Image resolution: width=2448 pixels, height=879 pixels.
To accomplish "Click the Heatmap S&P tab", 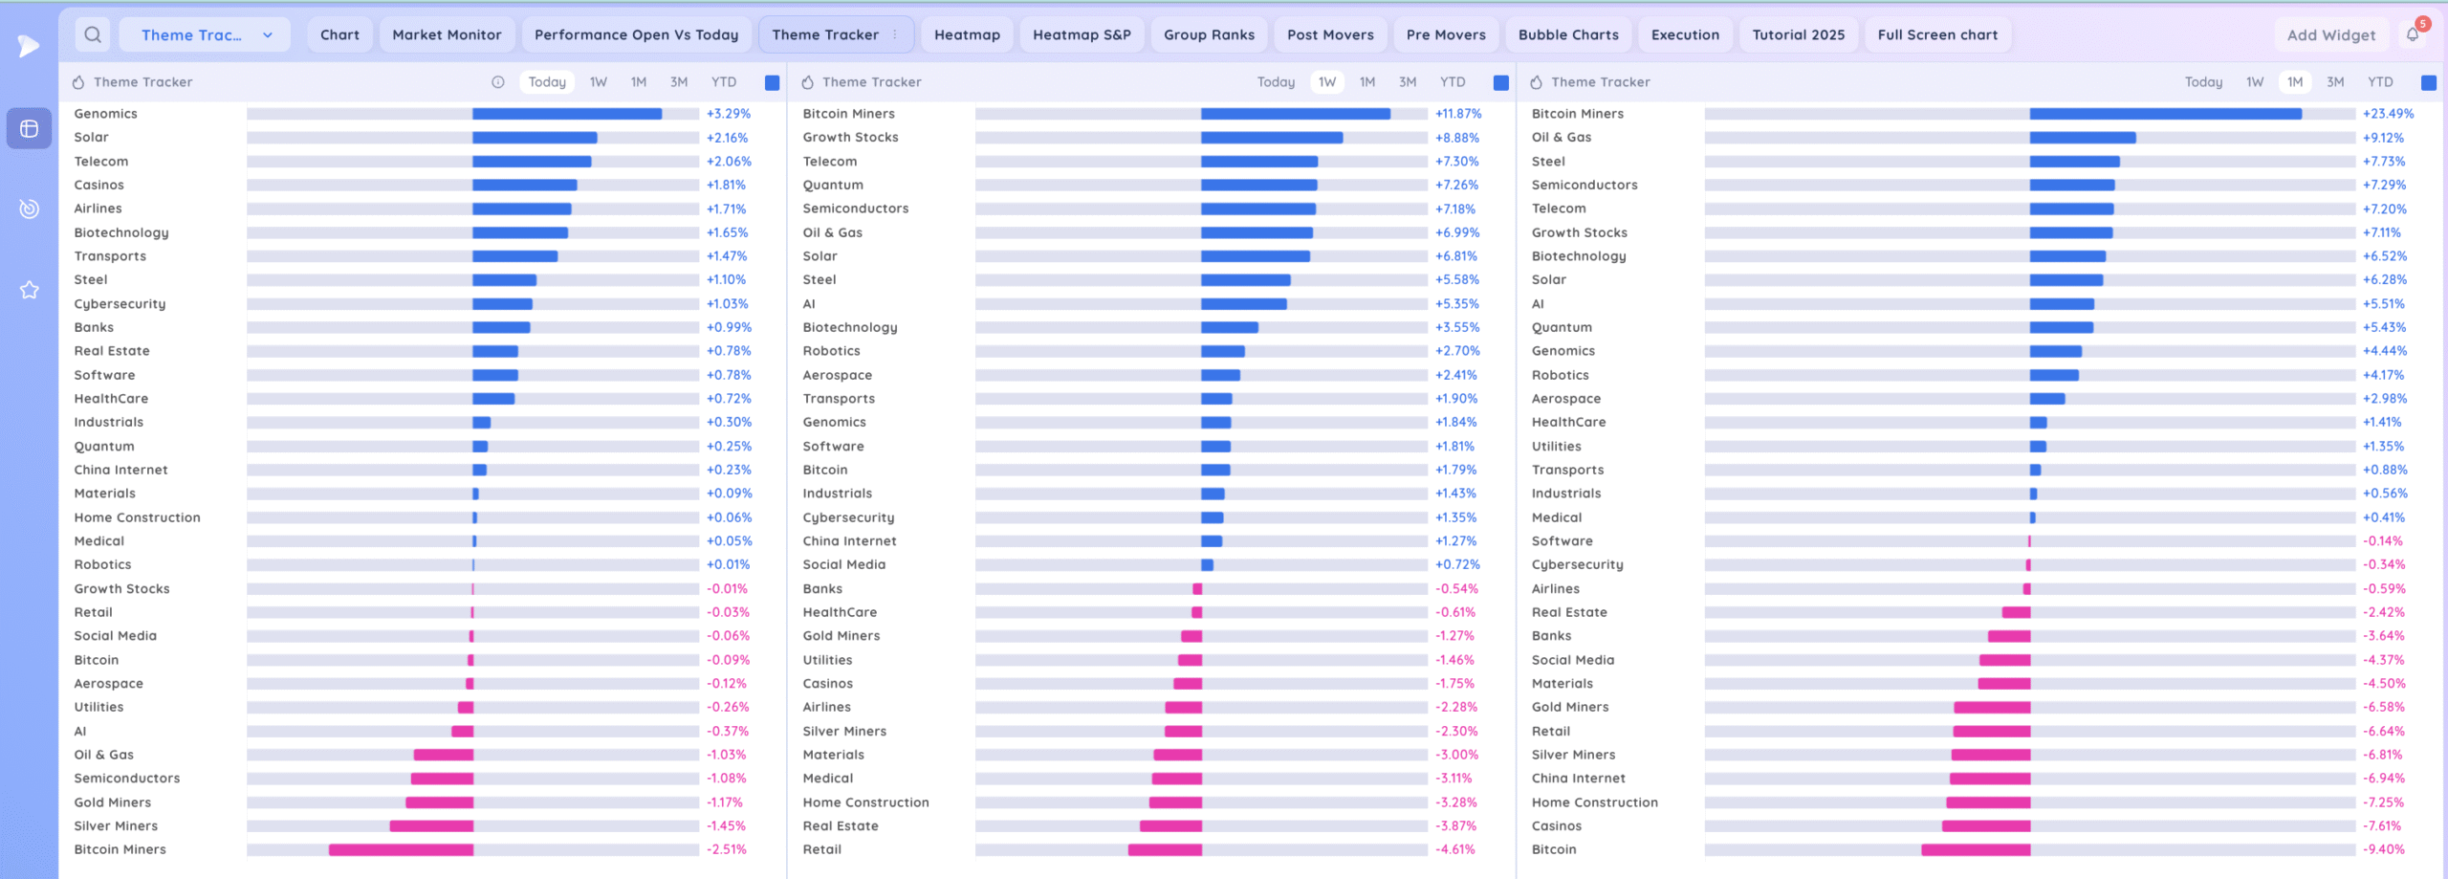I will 1082,34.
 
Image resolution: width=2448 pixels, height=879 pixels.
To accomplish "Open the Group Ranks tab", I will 1209,34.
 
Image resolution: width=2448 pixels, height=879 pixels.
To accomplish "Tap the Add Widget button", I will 2330,35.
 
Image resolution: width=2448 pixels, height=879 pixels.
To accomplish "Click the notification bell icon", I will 2413,34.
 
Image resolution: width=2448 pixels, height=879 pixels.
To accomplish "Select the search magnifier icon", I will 93,34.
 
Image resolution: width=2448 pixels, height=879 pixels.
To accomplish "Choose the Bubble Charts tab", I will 1568,34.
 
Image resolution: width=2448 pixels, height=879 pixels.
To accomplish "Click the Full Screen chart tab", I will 1937,34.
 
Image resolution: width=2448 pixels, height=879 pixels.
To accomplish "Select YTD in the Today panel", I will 724,82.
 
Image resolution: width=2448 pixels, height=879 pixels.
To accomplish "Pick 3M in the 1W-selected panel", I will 1408,82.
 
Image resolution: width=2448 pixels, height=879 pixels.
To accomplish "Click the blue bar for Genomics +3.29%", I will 566,114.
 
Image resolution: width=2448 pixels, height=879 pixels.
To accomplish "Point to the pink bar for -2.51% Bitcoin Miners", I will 401,849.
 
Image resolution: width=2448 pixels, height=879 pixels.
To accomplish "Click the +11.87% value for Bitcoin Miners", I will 1458,114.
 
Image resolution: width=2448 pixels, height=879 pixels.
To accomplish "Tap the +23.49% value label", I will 2388,114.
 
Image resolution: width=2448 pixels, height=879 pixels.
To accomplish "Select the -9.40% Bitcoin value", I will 2383,849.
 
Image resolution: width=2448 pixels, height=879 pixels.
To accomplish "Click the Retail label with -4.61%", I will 822,849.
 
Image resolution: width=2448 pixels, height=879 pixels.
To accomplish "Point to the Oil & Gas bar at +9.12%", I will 2082,138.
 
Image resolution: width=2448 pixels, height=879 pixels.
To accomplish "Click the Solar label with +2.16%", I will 92,138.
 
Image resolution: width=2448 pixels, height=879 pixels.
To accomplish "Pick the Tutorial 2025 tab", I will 1798,34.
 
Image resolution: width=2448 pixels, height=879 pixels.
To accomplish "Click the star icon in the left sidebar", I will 30,290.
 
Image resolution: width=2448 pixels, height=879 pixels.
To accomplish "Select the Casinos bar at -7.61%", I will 1986,826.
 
